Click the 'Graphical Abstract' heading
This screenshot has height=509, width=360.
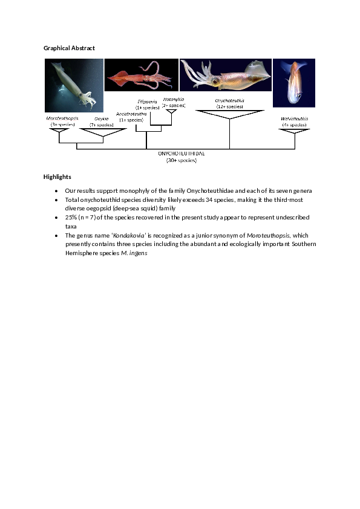69,48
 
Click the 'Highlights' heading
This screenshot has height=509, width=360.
57,177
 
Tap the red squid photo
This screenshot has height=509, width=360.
142,75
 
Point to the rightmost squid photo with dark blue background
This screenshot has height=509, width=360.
294,83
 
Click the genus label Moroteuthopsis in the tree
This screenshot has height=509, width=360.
62,118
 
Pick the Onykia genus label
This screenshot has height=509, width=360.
102,119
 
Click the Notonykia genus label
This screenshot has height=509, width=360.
174,99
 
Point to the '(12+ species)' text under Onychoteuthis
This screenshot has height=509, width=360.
229,106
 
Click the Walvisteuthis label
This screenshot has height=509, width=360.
294,118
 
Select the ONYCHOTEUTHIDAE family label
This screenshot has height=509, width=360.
182,154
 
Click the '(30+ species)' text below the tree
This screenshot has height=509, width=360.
182,160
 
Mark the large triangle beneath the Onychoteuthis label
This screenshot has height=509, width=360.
230,114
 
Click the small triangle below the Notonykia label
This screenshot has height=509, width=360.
172,111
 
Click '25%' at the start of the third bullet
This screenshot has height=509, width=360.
71,217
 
